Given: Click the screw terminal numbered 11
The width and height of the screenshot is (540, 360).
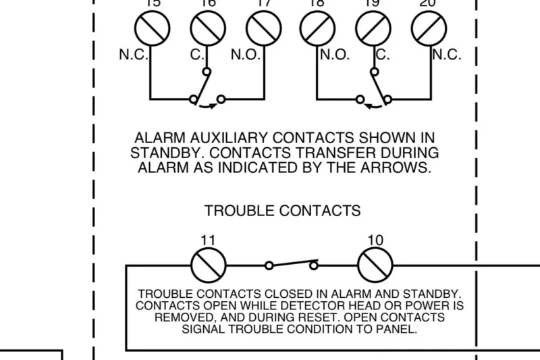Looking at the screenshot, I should click(x=209, y=265).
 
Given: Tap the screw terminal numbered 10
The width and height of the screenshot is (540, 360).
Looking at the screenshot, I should click(x=375, y=265).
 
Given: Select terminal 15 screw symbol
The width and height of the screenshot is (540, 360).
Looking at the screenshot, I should click(x=151, y=29).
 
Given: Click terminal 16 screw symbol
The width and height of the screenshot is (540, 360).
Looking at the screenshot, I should click(x=207, y=29).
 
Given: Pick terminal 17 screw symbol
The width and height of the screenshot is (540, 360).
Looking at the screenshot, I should click(x=263, y=29).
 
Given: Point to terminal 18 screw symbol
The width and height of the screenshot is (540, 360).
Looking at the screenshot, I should click(x=317, y=29).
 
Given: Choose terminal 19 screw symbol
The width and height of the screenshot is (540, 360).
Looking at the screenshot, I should click(x=373, y=29).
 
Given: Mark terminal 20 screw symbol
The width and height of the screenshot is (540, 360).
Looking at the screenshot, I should click(x=429, y=29).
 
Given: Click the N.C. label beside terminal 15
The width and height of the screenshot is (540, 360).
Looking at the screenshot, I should click(x=134, y=55).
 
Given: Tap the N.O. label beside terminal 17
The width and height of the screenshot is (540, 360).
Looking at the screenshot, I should click(x=245, y=55).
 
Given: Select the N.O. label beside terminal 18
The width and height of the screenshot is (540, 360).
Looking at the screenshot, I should click(x=335, y=55).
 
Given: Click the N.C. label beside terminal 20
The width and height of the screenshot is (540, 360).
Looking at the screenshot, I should click(x=447, y=55).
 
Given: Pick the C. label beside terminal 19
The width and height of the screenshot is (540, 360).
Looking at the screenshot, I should click(x=383, y=55).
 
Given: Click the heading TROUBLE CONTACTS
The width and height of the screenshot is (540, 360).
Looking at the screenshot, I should click(x=282, y=211).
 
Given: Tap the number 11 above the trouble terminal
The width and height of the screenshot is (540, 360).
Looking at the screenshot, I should click(x=208, y=240).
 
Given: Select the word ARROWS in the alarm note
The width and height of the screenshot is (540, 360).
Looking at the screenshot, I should click(x=400, y=168).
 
